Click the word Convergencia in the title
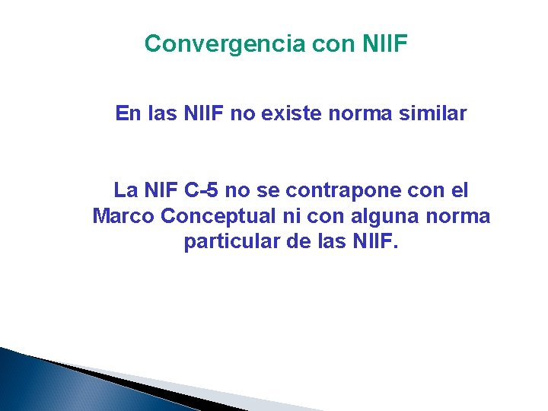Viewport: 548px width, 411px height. point(225,44)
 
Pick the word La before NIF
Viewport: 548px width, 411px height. point(125,190)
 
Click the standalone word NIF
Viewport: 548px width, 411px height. point(161,190)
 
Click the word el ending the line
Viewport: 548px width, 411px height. point(458,190)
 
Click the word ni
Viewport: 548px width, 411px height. point(292,216)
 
